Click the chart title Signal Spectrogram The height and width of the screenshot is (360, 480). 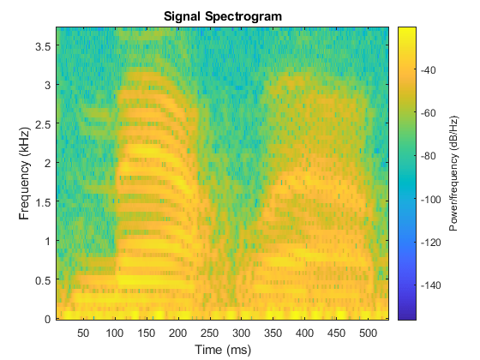[223, 16]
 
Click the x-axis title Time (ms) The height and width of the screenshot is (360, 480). [223, 349]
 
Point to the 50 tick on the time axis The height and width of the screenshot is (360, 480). [84, 333]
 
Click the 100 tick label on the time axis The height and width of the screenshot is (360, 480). [115, 333]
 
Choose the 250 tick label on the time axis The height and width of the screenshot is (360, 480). [210, 333]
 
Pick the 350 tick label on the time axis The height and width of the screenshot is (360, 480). [273, 333]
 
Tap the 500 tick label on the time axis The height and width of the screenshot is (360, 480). [369, 333]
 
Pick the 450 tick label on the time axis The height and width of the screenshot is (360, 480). [337, 333]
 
